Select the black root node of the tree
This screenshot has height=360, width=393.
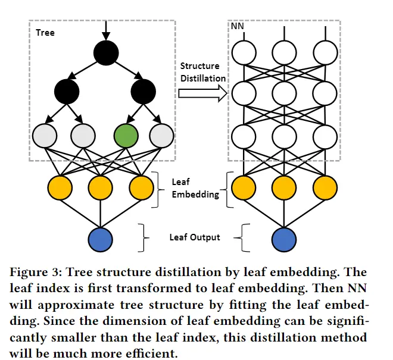click(x=106, y=53)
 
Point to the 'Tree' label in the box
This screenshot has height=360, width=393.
click(x=45, y=32)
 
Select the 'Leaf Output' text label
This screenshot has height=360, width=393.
click(x=195, y=237)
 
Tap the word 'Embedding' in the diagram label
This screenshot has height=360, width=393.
click(x=191, y=194)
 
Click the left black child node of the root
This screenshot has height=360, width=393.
click(x=67, y=91)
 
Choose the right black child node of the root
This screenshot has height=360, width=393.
click(x=143, y=91)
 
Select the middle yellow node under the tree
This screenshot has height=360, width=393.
click(x=100, y=187)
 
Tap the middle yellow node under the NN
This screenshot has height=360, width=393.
click(x=284, y=187)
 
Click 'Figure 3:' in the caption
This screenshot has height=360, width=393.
click(x=38, y=273)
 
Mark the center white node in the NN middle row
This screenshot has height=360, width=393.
click(x=284, y=92)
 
